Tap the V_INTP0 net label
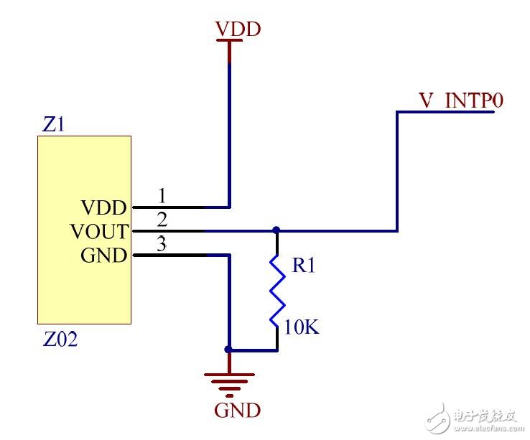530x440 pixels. (461, 101)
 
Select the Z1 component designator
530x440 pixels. (54, 125)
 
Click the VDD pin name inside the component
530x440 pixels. (104, 208)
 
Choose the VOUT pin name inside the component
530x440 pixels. (99, 232)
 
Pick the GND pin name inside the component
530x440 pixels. (104, 256)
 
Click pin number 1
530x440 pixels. (162, 196)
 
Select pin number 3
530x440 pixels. (162, 244)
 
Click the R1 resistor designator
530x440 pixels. (303, 266)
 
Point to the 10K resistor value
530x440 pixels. (302, 328)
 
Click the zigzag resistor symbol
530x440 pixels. (276, 290)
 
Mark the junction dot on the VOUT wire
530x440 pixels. (276, 231)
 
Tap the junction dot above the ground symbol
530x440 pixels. (229, 350)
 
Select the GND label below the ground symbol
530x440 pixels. (237, 411)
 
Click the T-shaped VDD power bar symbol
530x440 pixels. (229, 45)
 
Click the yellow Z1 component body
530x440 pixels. (84, 287)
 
